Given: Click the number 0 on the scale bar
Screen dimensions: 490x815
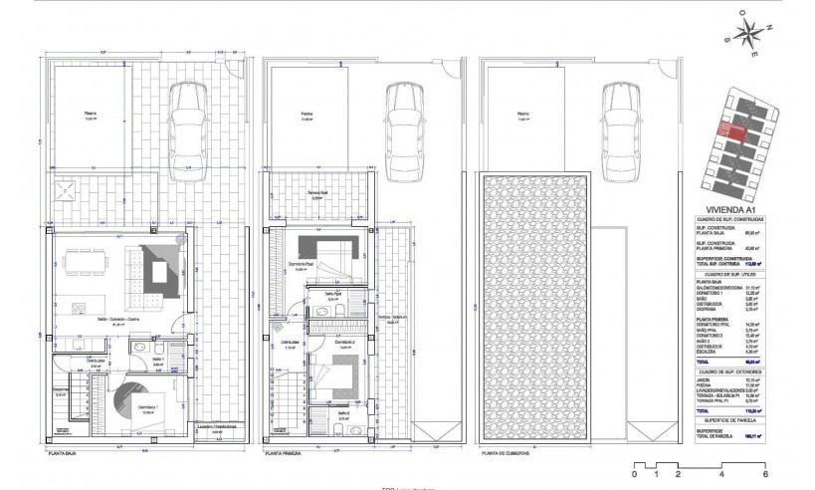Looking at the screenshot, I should (635, 476).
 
